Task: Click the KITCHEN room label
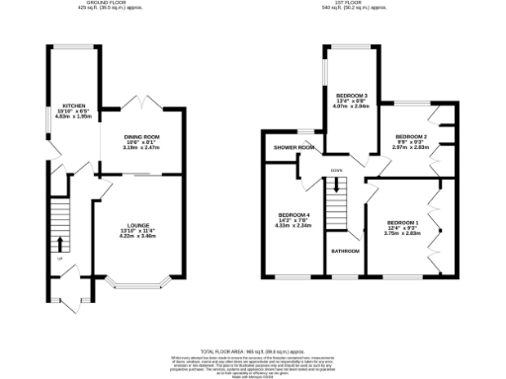point(73,105)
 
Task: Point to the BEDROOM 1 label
point(402,222)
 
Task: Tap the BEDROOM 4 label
point(294,214)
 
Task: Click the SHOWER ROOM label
point(295,148)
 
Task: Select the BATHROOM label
point(344,252)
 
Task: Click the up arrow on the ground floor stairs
point(61,243)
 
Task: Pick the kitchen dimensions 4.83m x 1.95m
point(73,116)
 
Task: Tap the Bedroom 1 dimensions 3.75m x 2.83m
point(402,234)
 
